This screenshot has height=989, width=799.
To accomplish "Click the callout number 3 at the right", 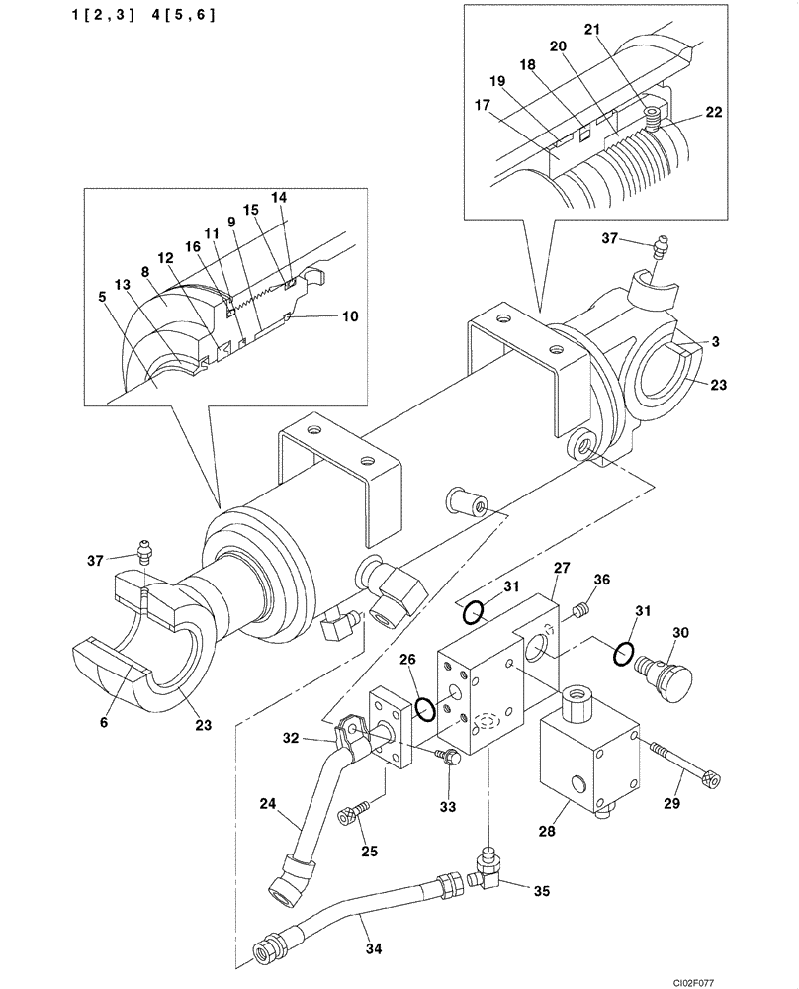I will pos(714,342).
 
